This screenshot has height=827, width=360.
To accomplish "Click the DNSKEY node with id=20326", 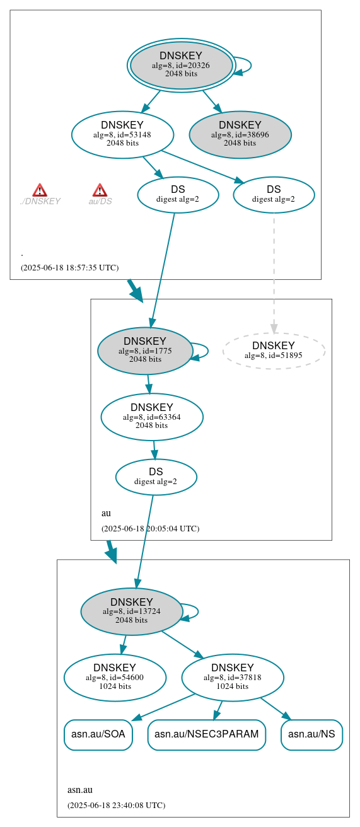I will pyautogui.click(x=181, y=65).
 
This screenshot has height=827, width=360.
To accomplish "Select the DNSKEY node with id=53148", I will pyautogui.click(x=122, y=134).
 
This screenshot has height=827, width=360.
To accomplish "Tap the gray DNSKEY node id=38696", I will pyautogui.click(x=240, y=134).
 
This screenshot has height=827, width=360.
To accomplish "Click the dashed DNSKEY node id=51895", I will pyautogui.click(x=274, y=350).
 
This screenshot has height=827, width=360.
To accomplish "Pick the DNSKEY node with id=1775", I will pyautogui.click(x=145, y=350).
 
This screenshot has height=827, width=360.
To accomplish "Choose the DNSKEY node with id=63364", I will pyautogui.click(x=151, y=416).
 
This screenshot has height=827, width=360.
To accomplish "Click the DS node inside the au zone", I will pyautogui.click(x=156, y=477).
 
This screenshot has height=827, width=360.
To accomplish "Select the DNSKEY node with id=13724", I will pyautogui.click(x=131, y=611).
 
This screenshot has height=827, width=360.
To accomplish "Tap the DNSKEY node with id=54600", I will pyautogui.click(x=115, y=677).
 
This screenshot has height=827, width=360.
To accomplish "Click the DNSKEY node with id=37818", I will pyautogui.click(x=232, y=677).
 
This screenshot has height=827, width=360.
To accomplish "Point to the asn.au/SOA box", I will pyautogui.click(x=98, y=734).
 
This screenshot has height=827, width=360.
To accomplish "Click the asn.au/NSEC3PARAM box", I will pyautogui.click(x=206, y=734).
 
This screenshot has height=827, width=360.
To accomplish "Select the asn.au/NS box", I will pyautogui.click(x=311, y=734).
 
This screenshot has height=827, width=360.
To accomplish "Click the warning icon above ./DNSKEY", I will pyautogui.click(x=40, y=190).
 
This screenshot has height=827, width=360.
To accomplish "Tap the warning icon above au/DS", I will pyautogui.click(x=100, y=190).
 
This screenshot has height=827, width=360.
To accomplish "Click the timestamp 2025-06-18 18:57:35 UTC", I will pyautogui.click(x=69, y=267).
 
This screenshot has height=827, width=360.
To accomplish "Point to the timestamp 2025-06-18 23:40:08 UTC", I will pyautogui.click(x=116, y=805).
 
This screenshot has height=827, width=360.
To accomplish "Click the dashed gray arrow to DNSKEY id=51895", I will pyautogui.click(x=274, y=271).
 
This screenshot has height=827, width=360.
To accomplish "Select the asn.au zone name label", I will pyautogui.click(x=80, y=790).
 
